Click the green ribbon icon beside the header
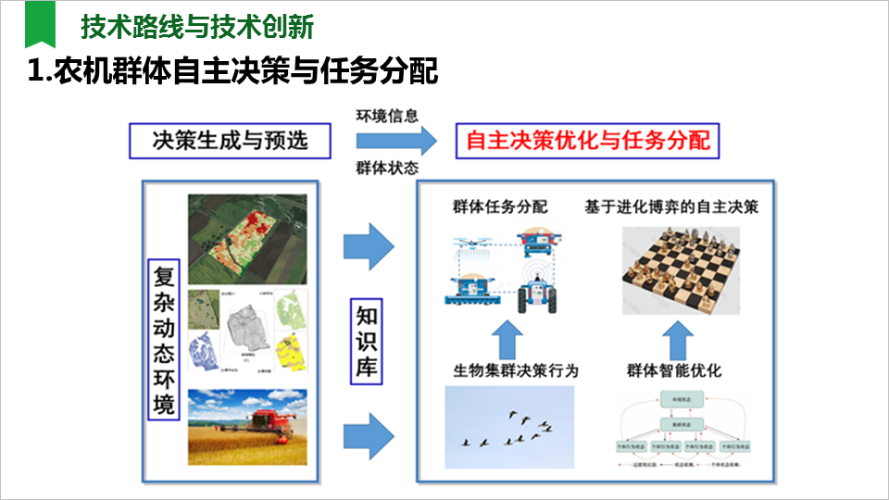[x=40, y=25]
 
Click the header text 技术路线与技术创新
[x=197, y=27]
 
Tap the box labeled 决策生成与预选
[x=230, y=141]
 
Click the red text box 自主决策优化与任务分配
[x=589, y=141]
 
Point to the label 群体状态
[x=388, y=169]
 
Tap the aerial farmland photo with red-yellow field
[x=246, y=238]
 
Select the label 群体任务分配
[x=500, y=206]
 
